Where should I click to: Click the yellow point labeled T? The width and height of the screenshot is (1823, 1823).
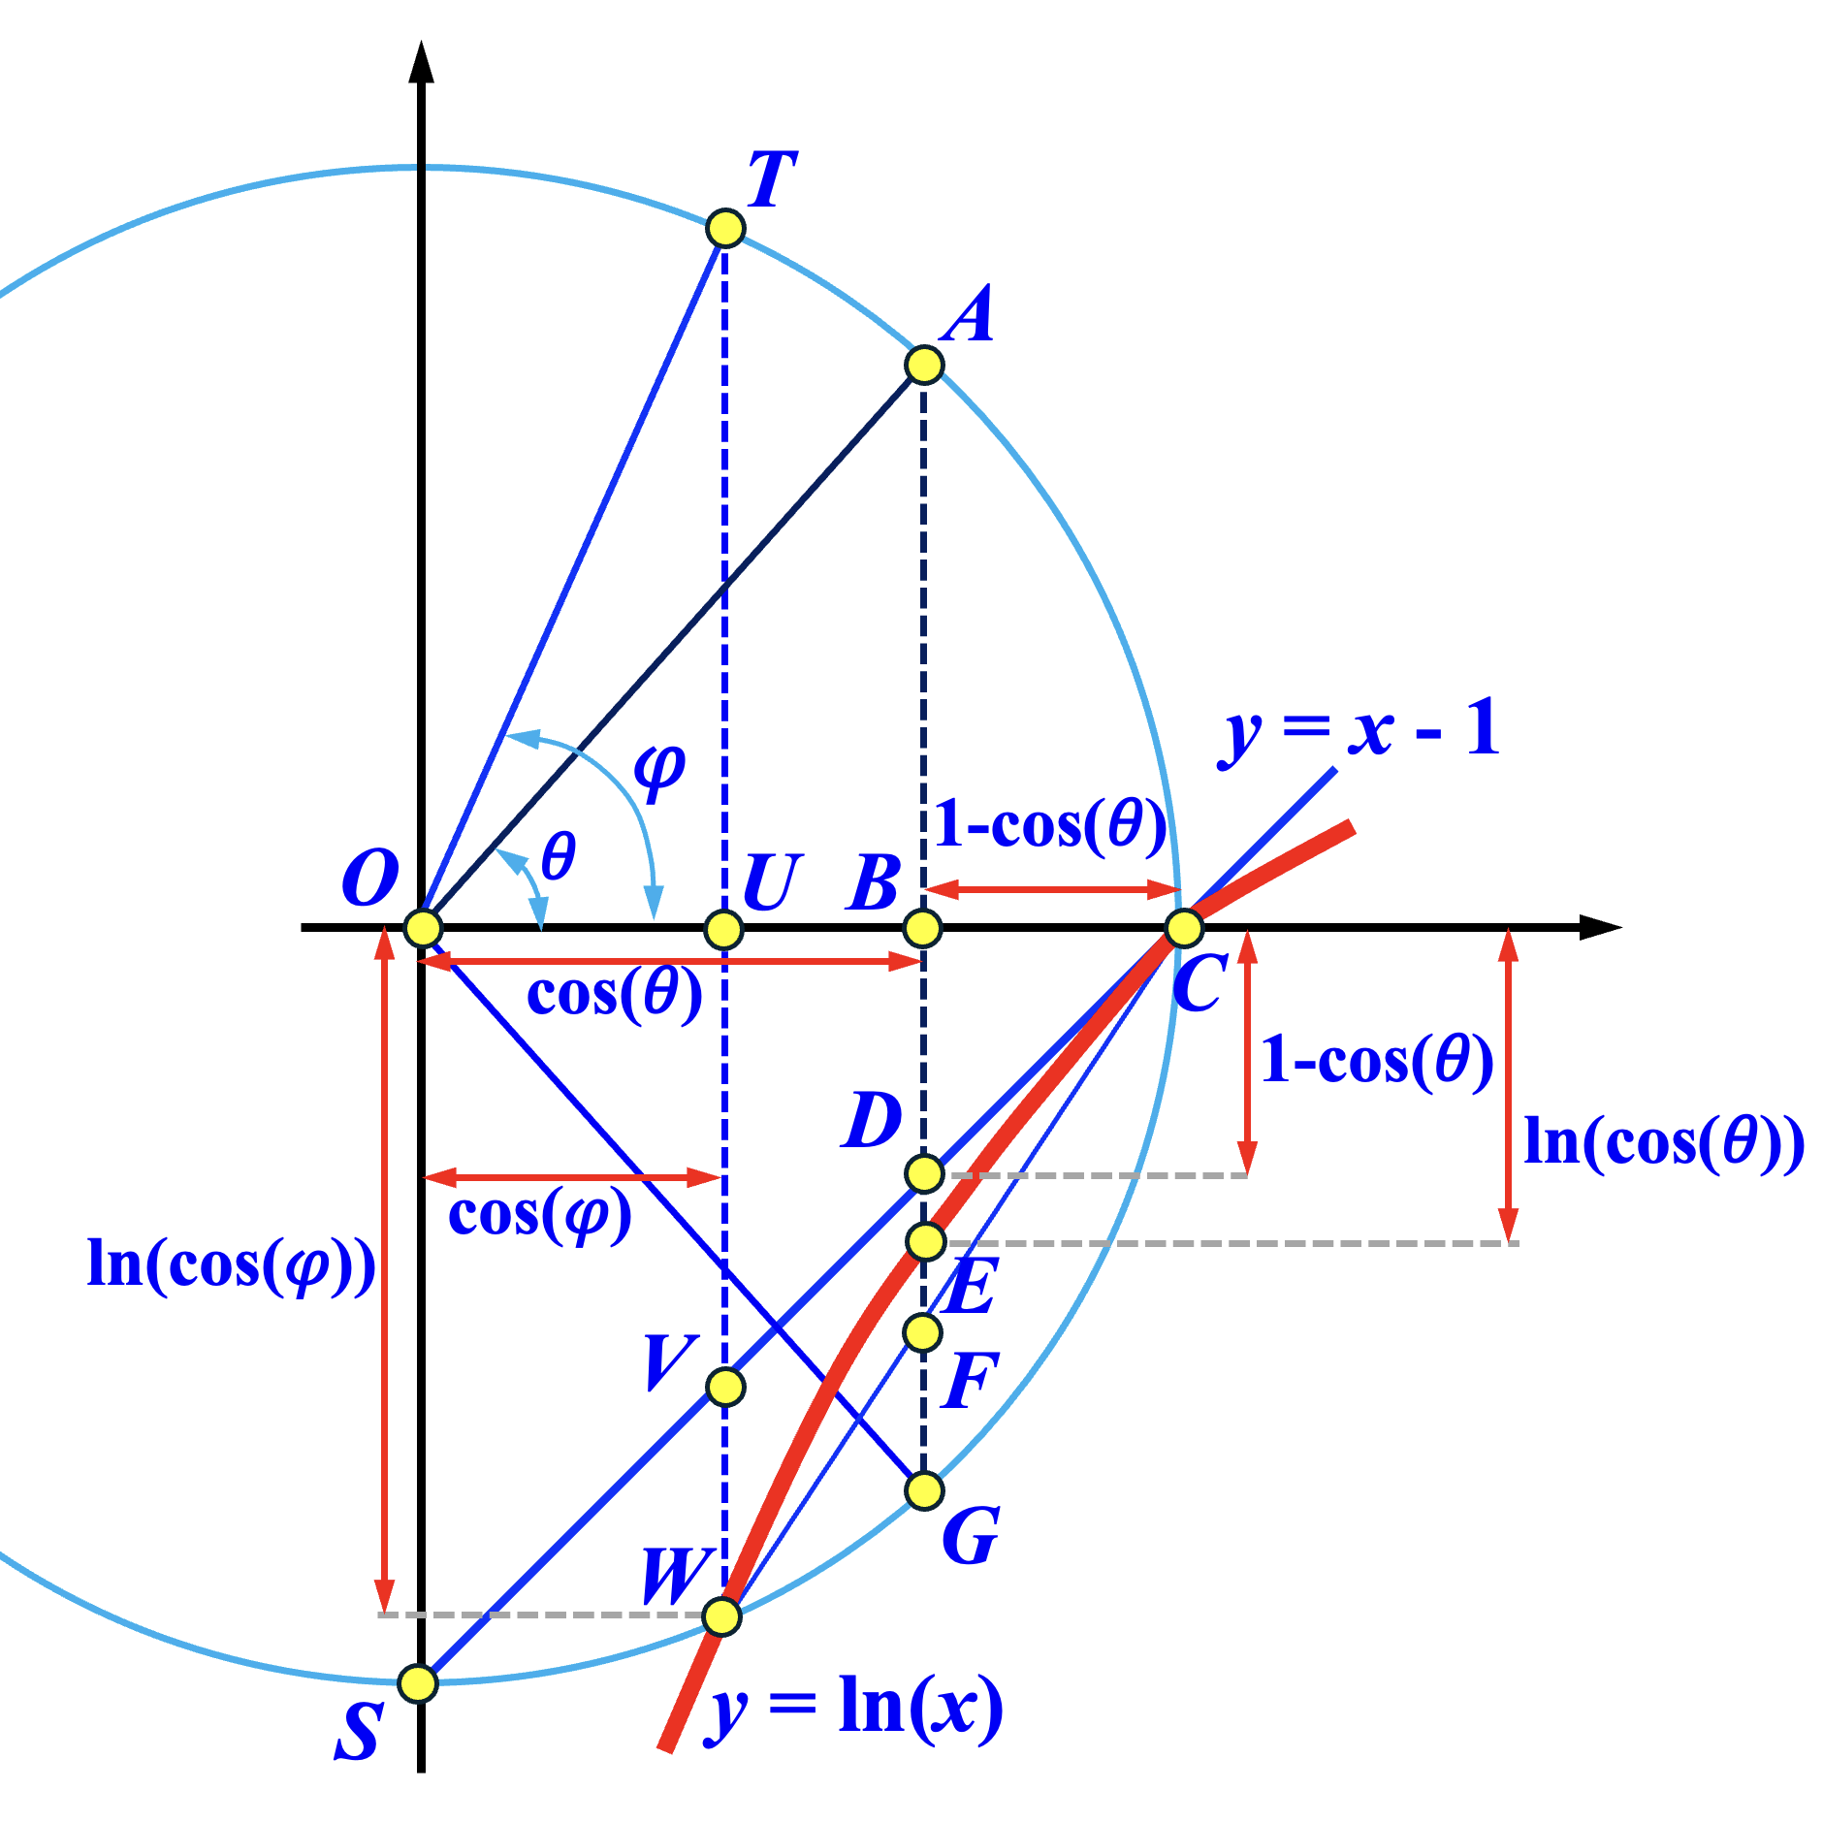(x=725, y=229)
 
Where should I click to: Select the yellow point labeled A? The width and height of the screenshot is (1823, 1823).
(x=924, y=365)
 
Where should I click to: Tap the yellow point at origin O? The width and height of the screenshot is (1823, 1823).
(x=423, y=928)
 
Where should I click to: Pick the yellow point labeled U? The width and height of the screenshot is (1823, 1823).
(x=723, y=929)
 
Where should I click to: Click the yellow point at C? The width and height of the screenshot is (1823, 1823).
(x=1184, y=928)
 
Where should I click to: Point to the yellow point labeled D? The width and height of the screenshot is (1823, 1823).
(x=924, y=1173)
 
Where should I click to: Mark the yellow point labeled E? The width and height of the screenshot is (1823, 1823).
(x=926, y=1241)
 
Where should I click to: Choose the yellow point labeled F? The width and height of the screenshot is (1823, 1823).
(x=922, y=1332)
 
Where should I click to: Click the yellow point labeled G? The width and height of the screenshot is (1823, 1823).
(x=924, y=1490)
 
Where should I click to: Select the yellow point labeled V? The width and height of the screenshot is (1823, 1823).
(x=726, y=1387)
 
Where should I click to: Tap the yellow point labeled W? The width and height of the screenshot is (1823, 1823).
(x=721, y=1616)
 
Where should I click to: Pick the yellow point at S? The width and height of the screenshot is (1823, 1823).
(x=418, y=1683)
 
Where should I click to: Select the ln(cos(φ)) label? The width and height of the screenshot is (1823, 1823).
(x=232, y=1265)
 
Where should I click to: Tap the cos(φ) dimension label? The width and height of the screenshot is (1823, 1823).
(x=540, y=1215)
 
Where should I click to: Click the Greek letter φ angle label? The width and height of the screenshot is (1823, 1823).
(x=659, y=772)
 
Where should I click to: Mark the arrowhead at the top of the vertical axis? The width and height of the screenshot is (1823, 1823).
(x=421, y=62)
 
